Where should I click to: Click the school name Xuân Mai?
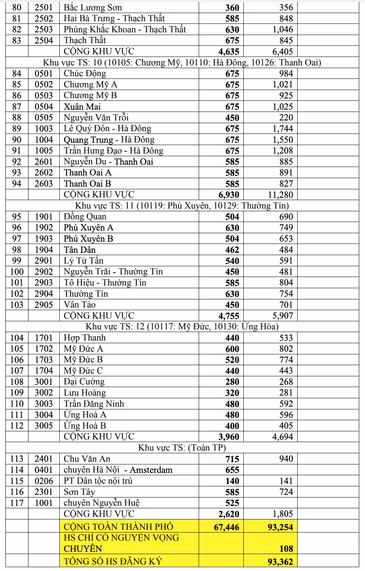82,107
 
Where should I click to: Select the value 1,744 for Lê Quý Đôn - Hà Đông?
283,129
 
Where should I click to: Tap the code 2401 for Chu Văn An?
44,459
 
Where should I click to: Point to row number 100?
17,272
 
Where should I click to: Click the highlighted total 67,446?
226,527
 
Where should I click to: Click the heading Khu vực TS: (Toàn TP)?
182,447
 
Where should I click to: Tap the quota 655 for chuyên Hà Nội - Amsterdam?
232,470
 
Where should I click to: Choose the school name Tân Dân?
80,250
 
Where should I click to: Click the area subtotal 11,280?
280,195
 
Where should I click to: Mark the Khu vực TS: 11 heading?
182,205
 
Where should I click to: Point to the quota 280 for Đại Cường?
232,382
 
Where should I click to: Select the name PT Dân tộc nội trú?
98,481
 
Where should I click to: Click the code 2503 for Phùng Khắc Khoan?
44,30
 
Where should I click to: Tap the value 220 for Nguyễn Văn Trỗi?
286,118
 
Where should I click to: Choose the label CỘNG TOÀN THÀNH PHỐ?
118,527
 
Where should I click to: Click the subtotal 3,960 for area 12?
228,437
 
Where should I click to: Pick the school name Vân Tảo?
80,305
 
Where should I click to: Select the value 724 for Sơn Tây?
286,492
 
